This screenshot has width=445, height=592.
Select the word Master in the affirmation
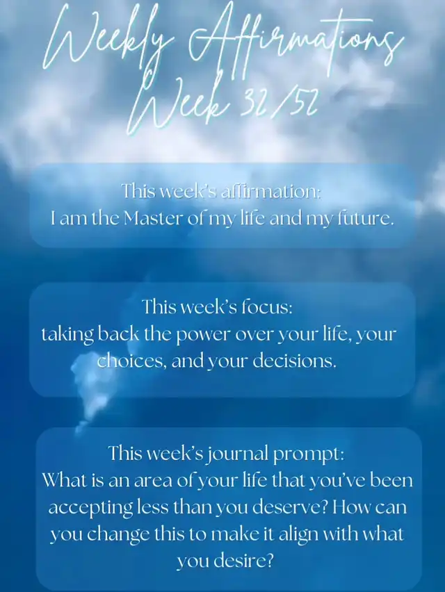click(x=153, y=218)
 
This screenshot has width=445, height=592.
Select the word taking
click(x=67, y=335)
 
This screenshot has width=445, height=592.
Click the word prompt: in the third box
click(x=308, y=454)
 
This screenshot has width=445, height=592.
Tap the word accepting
click(x=90, y=508)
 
